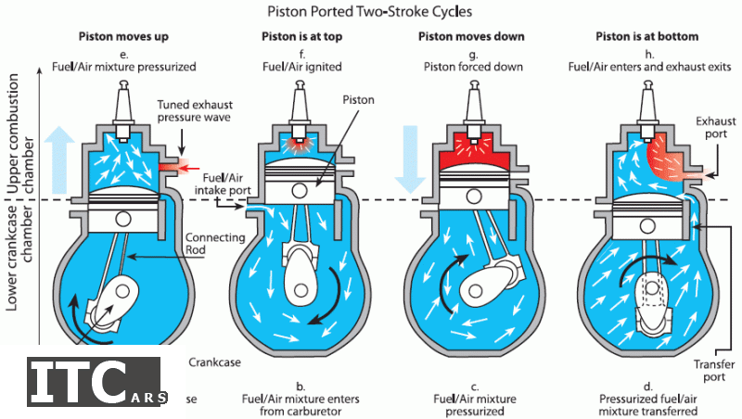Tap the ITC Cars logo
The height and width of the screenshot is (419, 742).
(x=96, y=381)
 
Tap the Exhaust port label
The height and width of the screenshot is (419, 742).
(x=715, y=128)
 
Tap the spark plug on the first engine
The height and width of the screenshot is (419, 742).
(x=123, y=97)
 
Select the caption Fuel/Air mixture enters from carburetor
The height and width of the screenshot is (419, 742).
(x=302, y=400)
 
